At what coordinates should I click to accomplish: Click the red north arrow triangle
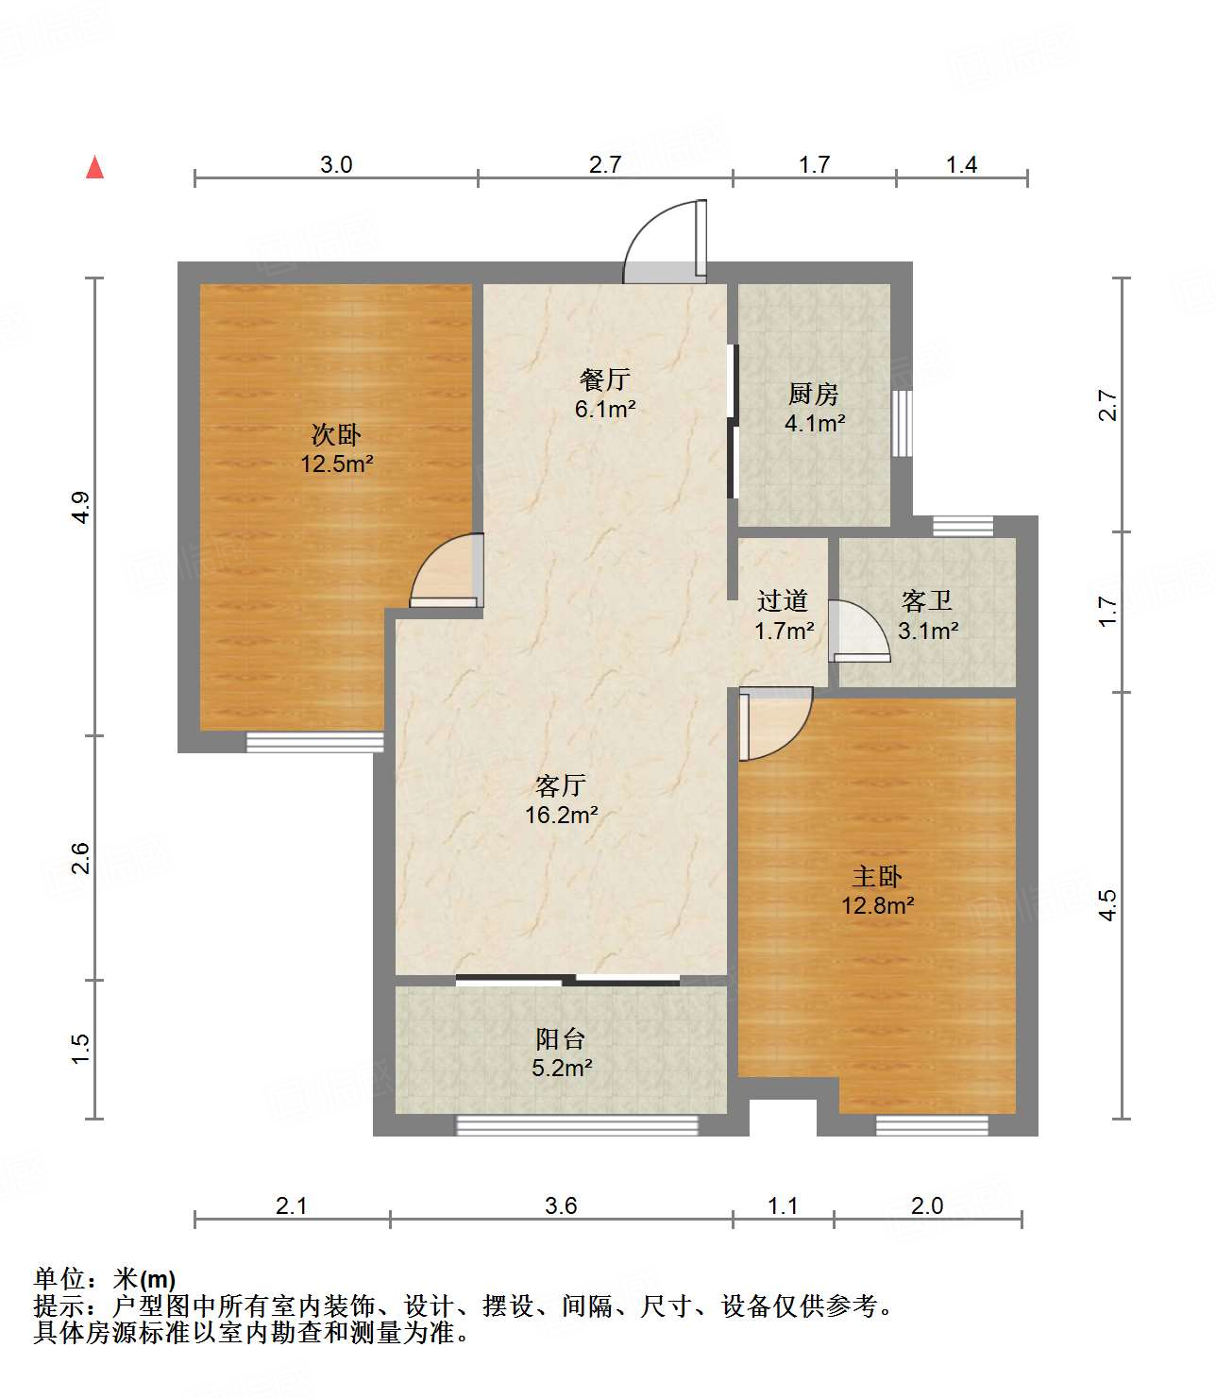[94, 167]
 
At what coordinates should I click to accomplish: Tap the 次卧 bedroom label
[336, 435]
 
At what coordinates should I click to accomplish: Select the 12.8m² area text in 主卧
[877, 906]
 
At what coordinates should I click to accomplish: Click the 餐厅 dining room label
[604, 379]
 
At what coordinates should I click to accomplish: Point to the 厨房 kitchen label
[813, 394]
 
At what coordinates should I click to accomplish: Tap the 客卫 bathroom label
[926, 600]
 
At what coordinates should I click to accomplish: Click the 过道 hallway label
[783, 600]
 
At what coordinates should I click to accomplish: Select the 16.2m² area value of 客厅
[561, 815]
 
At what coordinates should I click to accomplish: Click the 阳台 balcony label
[561, 1039]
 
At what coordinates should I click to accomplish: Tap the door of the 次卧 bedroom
[447, 573]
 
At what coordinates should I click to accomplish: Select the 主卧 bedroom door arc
[777, 725]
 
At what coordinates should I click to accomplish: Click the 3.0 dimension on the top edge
[336, 165]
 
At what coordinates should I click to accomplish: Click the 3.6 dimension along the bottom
[561, 1205]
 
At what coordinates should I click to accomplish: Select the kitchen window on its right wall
[903, 423]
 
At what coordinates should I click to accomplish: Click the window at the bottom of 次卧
[314, 743]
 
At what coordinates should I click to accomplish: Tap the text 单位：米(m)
[105, 1279]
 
